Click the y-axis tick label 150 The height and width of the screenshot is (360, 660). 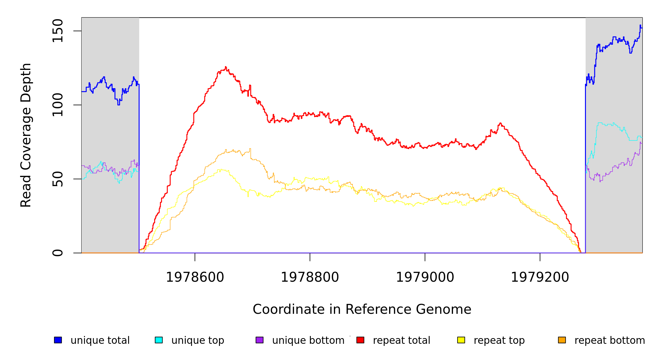point(57,31)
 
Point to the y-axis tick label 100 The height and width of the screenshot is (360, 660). point(57,105)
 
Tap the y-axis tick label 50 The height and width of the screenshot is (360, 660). point(57,179)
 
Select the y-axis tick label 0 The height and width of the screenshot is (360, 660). point(57,253)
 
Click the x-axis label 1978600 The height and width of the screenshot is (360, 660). point(195,277)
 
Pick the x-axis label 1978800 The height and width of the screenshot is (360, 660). point(310,277)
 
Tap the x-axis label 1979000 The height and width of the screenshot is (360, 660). point(425,277)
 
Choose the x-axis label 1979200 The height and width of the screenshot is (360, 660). point(540,277)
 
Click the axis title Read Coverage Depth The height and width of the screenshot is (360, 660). point(26,135)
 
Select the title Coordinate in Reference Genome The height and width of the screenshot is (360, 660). point(362,309)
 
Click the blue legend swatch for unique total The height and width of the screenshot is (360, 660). point(58,340)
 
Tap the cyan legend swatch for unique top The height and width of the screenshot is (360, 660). point(159,340)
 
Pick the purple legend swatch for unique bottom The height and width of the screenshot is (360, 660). point(259,340)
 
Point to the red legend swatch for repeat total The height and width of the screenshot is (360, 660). point(360,340)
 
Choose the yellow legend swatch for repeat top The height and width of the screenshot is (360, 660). point(461,340)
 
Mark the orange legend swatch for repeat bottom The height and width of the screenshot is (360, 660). point(562,340)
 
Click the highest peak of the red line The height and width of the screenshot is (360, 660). point(226,67)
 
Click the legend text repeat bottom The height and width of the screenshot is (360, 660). point(610,340)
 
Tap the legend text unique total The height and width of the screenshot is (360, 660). point(100,340)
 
